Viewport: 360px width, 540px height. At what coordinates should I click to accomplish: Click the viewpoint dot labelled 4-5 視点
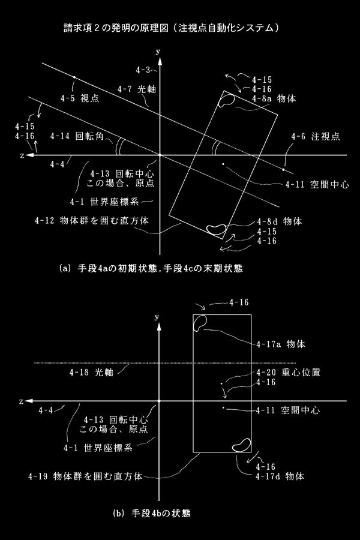coord(74,77)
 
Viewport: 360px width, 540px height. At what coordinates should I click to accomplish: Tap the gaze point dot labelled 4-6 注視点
coord(284,169)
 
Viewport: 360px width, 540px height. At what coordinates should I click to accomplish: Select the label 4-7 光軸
coord(137,89)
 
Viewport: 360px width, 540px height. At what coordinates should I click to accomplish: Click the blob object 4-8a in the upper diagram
coord(227,100)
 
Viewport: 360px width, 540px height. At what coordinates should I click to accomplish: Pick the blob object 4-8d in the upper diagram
coord(216,229)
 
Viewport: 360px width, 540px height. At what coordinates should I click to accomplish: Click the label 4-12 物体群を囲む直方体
coord(92,220)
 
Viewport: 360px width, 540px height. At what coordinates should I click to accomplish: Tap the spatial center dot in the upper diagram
coord(223,164)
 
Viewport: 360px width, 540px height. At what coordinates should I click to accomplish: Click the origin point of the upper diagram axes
coord(160,155)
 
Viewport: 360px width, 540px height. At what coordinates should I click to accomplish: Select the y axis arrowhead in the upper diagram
coord(160,61)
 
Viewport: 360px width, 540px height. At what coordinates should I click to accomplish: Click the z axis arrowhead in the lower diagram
coord(29,401)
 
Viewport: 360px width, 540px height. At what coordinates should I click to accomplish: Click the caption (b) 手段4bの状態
coord(152,514)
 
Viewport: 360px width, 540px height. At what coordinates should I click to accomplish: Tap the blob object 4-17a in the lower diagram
coord(200,323)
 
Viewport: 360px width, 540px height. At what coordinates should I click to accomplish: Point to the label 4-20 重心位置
coord(289,372)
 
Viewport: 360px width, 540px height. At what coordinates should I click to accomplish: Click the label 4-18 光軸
coord(91,372)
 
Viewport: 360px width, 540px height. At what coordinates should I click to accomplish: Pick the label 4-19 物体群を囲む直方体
coord(85,476)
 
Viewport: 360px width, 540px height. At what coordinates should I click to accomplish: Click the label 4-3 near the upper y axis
coord(143,70)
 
